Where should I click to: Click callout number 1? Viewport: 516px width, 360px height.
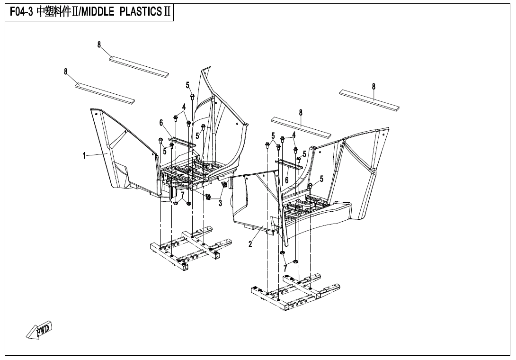(84, 155)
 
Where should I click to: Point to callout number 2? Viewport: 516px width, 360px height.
(250, 244)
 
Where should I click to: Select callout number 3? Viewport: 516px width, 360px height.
(220, 204)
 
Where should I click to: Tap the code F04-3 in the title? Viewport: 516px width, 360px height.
(20, 12)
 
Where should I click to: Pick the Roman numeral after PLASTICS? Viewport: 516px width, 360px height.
(166, 12)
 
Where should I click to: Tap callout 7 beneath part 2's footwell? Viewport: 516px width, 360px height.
(285, 269)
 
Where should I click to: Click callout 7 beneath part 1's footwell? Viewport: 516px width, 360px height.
(183, 194)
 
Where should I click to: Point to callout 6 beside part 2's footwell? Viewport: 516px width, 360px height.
(286, 180)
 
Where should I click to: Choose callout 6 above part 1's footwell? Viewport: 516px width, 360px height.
(161, 123)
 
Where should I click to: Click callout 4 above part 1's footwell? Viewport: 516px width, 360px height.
(184, 107)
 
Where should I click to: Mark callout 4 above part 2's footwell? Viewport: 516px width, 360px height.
(294, 135)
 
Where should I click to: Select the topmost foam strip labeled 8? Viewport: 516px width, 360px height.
(139, 66)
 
